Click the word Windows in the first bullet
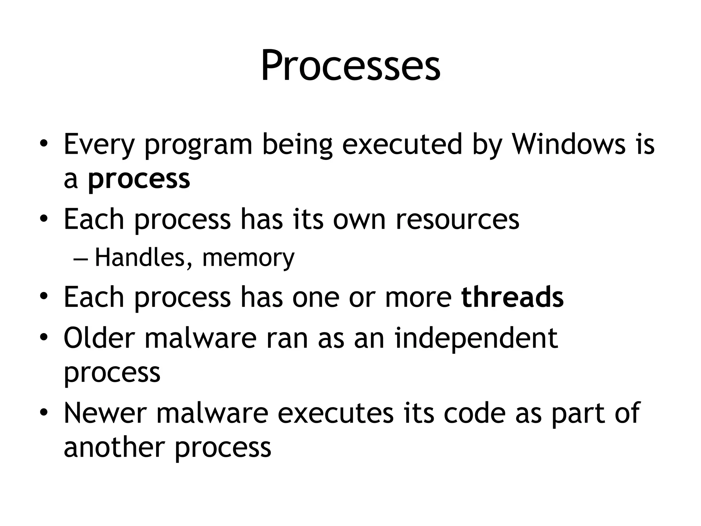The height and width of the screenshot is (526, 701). [x=568, y=144]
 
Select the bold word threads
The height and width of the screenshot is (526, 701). [x=512, y=297]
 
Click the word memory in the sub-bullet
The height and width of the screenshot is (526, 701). [x=248, y=258]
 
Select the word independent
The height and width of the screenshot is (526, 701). [x=476, y=338]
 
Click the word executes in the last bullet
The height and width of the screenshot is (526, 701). [x=335, y=413]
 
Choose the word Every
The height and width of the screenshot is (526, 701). [x=99, y=144]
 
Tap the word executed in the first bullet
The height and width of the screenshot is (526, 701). [x=402, y=144]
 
